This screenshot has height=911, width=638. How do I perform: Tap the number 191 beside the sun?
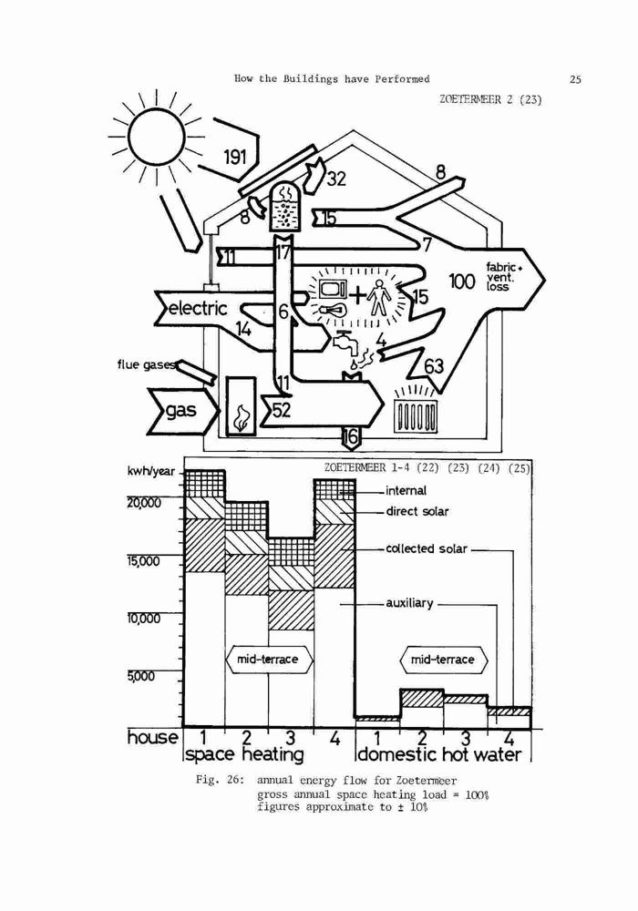(235, 157)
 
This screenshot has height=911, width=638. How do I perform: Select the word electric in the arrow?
(198, 307)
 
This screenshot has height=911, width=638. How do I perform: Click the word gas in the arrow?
(180, 411)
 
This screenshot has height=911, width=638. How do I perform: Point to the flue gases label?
(145, 364)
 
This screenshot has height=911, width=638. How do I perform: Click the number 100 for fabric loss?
(462, 281)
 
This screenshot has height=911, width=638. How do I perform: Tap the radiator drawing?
(415, 414)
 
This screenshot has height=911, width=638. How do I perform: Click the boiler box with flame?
(241, 406)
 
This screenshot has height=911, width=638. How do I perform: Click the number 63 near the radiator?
(434, 366)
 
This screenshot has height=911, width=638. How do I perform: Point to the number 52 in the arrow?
(282, 411)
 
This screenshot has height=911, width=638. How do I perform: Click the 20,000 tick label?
(144, 503)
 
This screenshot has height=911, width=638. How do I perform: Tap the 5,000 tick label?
(140, 676)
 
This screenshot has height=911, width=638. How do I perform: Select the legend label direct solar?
(417, 512)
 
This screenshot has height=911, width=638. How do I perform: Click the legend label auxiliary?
(409, 604)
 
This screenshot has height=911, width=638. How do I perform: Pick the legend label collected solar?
(427, 549)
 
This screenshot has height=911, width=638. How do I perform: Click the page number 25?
(575, 79)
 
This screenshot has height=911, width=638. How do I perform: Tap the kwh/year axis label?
(150, 471)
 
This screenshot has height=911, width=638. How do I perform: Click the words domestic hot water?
(439, 754)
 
